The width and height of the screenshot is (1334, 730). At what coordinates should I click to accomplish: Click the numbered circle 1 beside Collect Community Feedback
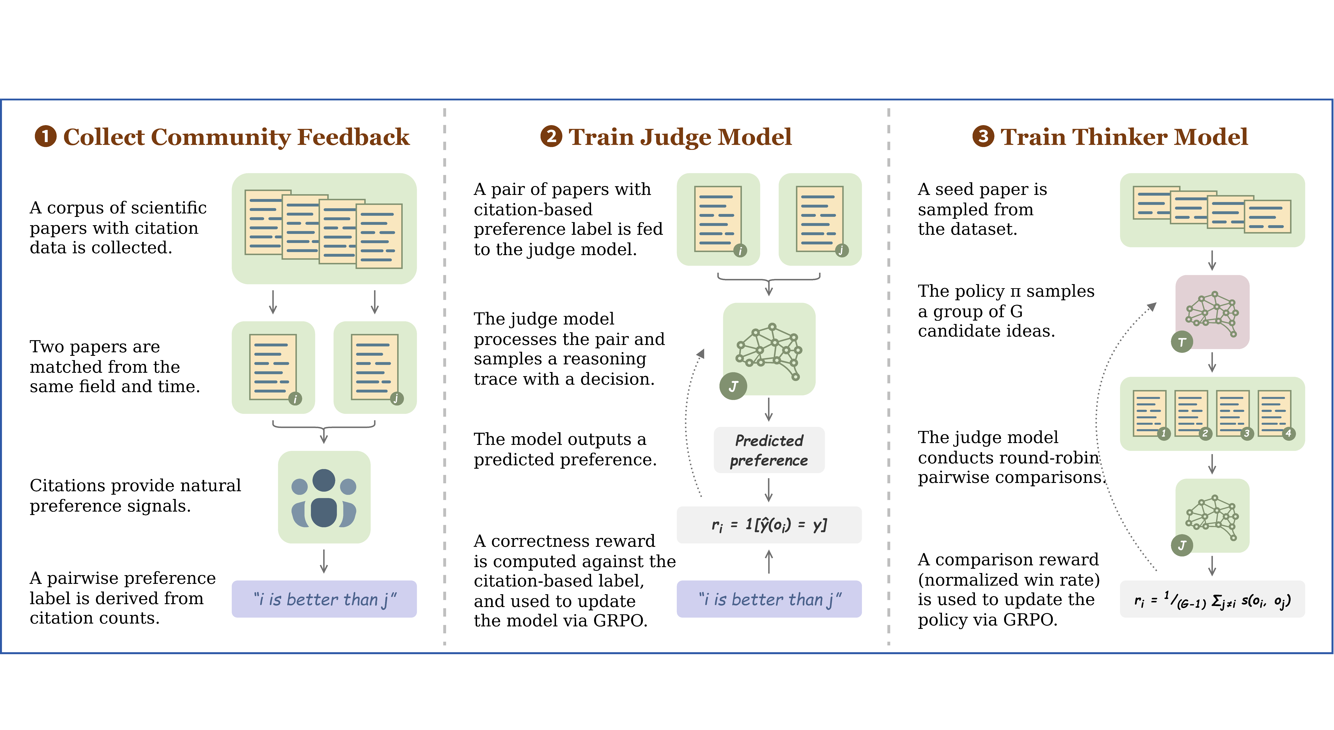(46, 137)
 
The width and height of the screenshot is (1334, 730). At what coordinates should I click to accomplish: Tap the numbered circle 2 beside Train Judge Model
(551, 137)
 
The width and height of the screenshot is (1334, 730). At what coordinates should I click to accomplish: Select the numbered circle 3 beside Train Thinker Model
(983, 137)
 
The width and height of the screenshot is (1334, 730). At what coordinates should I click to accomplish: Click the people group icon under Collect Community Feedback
(324, 497)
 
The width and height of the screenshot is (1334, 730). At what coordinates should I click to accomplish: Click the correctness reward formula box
(769, 525)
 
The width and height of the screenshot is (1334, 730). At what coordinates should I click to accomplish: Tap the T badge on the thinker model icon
(1182, 342)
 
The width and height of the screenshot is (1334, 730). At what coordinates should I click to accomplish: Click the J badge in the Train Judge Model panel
(733, 386)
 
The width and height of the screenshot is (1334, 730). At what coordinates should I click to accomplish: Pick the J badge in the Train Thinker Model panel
(1182, 545)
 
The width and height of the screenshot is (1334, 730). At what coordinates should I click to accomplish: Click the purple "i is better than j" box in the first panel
(324, 599)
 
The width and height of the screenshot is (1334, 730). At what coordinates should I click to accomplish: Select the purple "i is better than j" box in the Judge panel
(769, 599)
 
